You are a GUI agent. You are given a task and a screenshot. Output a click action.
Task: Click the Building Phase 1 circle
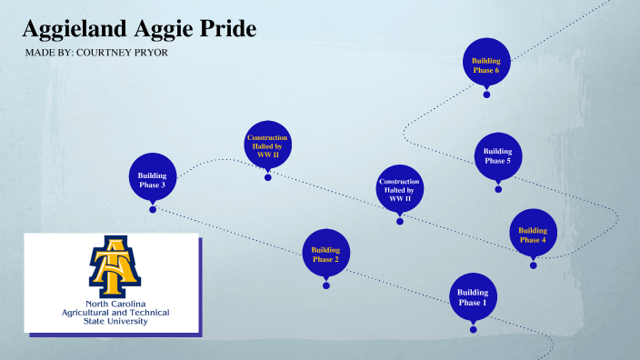tap(473, 297)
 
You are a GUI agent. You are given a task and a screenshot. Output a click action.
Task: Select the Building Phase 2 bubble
tap(325, 254)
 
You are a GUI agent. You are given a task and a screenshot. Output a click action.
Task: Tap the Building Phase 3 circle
tap(152, 177)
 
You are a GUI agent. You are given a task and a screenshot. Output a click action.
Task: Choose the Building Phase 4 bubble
tap(533, 234)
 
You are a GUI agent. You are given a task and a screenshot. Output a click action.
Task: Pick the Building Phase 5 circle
tap(497, 156)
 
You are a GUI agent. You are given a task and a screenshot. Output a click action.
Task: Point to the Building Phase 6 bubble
tap(485, 64)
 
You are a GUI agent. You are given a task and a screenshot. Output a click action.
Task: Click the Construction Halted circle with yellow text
tap(267, 145)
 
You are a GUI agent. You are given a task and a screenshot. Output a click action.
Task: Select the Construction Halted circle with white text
tap(399, 189)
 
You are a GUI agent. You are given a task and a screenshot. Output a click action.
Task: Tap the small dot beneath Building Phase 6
tap(486, 95)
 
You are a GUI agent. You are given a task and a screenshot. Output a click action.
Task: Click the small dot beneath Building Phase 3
tap(153, 209)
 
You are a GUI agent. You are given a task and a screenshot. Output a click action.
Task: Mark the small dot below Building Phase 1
tap(473, 329)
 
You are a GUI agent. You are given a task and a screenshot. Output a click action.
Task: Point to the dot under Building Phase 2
tap(325, 285)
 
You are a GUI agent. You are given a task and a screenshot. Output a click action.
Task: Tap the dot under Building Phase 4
tap(533, 265)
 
